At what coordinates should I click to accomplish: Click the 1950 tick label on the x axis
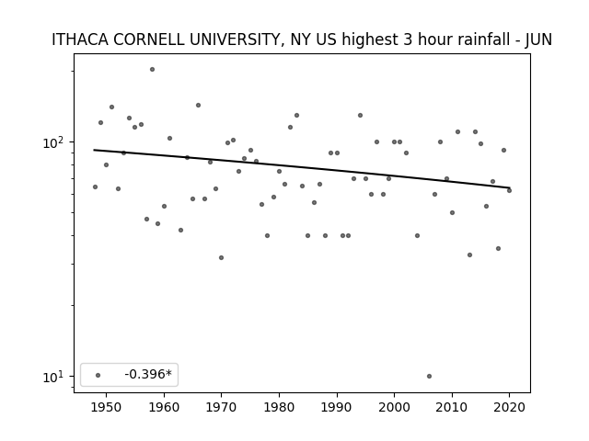107,408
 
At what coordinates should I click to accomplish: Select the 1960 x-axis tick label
164,408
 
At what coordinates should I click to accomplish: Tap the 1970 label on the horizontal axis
222,408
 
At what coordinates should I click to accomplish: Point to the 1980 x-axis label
279,408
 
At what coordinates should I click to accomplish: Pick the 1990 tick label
337,408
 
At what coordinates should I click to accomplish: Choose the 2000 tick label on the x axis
395,408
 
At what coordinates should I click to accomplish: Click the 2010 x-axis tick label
452,408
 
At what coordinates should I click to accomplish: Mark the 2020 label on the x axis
509,408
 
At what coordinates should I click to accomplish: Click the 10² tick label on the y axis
55,142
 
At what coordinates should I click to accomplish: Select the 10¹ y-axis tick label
55,377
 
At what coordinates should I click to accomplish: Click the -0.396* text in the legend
148,374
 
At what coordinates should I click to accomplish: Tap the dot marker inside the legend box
98,375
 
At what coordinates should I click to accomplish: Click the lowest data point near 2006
429,376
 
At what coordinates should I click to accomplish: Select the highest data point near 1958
152,70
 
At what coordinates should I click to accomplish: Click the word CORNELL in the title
149,40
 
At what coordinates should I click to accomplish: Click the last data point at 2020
509,190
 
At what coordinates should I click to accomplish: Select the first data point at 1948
95,187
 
